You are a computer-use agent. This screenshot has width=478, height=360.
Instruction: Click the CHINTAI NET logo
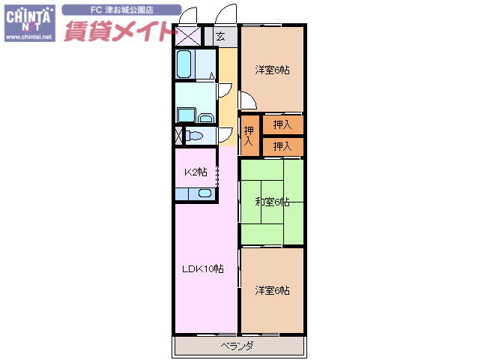point(29,17)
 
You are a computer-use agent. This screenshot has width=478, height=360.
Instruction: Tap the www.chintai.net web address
point(29,36)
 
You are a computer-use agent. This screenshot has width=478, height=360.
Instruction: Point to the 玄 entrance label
point(220,36)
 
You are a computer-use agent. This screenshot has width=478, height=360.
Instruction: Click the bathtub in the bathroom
point(185,64)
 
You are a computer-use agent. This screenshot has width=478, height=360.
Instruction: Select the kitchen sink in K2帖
point(205,193)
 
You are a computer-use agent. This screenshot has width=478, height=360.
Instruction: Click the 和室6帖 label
point(271,201)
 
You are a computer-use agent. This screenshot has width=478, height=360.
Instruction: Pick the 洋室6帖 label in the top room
point(271,70)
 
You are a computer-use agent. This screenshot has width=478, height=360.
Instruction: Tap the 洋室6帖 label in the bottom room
point(271,290)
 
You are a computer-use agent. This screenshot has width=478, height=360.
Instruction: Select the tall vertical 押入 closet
point(249,135)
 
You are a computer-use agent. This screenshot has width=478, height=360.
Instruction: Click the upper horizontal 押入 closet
point(282,124)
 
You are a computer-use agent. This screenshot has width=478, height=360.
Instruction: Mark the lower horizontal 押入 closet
point(282,145)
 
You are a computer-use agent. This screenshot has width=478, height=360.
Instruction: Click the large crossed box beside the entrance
point(188,37)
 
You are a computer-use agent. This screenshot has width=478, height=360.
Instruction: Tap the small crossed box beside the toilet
point(178,136)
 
